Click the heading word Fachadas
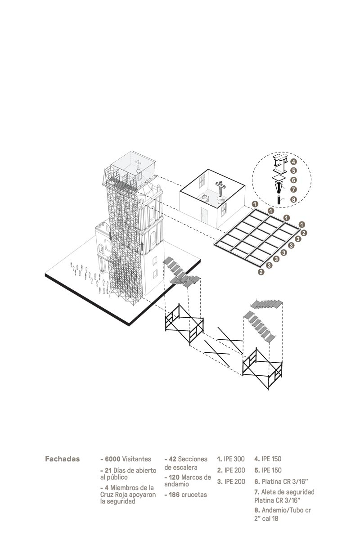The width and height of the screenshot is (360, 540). tap(62, 459)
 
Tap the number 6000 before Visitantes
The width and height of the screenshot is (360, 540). tap(112, 459)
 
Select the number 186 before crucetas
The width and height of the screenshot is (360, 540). tap(174, 495)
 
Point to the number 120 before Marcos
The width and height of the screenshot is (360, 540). tap(174, 477)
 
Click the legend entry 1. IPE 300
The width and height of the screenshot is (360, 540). tap(231, 459)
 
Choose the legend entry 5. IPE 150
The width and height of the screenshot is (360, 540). tap(268, 470)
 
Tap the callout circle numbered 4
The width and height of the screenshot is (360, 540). tap(293, 162)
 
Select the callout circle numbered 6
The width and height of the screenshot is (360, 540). tap(293, 180)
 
